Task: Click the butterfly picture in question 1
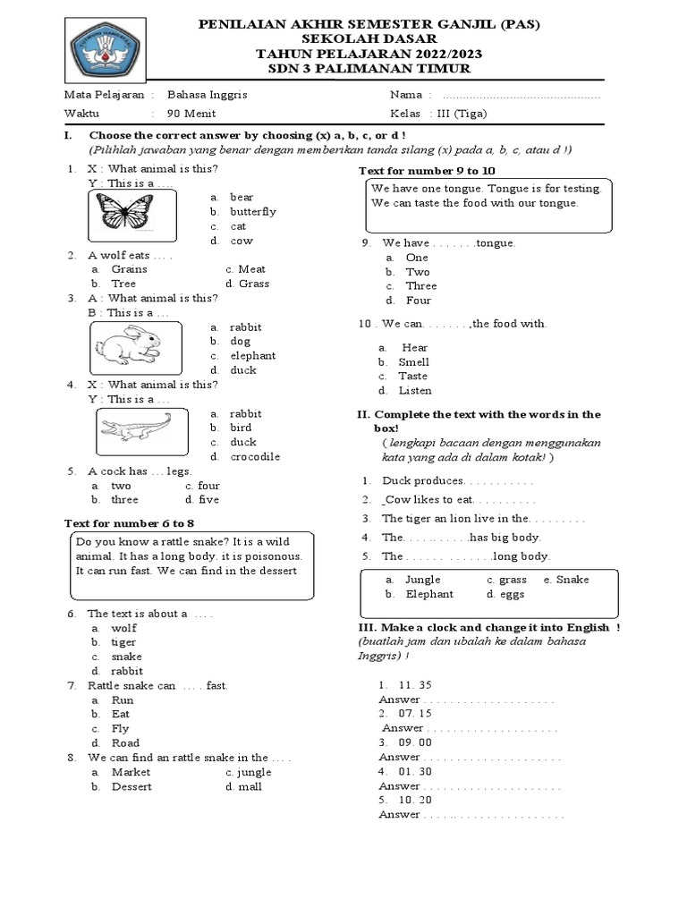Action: pyautogui.click(x=125, y=213)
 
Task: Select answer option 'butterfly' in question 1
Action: pyautogui.click(x=252, y=212)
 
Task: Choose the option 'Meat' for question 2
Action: pyautogui.click(x=251, y=269)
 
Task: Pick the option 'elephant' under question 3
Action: pyautogui.click(x=252, y=356)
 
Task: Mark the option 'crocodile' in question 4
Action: pyautogui.click(x=254, y=457)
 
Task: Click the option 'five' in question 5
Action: pyautogui.click(x=208, y=500)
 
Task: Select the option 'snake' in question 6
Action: pyautogui.click(x=126, y=657)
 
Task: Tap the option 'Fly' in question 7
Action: pyautogui.click(x=120, y=729)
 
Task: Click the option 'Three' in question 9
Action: pyautogui.click(x=420, y=286)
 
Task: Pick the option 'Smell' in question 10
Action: pyautogui.click(x=413, y=362)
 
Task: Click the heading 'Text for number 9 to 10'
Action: pyautogui.click(x=427, y=170)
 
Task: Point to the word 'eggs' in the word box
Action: pyautogui.click(x=513, y=594)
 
